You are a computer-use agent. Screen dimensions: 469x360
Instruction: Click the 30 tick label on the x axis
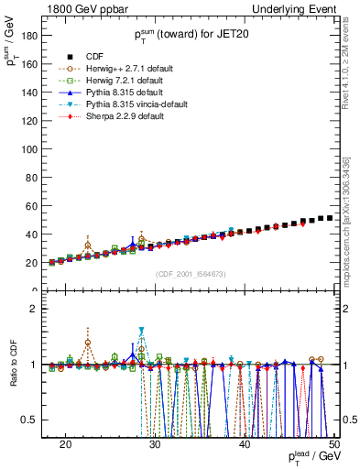[156, 443]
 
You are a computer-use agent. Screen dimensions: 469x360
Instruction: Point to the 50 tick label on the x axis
[335, 443]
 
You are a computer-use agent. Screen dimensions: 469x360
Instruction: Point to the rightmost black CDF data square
[330, 218]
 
